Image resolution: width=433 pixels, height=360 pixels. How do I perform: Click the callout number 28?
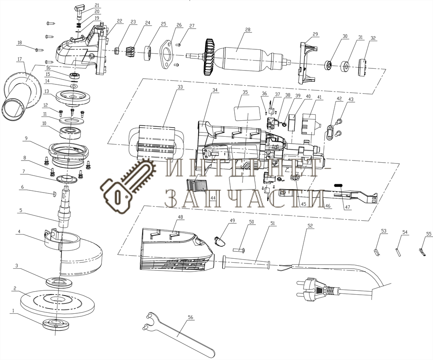coord(248,30)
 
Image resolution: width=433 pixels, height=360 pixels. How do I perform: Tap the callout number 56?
coord(190,317)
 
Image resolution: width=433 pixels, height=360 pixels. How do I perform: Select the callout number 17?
coord(19,59)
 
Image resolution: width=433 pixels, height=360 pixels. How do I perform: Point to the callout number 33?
coord(180,87)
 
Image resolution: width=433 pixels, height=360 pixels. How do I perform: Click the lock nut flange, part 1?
coord(55,324)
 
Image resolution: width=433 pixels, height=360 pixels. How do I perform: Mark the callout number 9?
coord(26,139)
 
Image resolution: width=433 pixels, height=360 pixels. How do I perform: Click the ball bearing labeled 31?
coord(346,67)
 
